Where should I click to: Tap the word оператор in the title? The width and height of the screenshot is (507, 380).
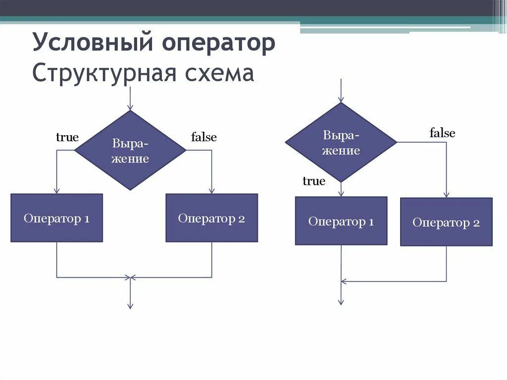coord(217,43)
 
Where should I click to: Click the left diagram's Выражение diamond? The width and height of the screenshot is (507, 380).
coord(130,151)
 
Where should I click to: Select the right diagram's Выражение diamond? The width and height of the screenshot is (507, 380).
coord(341,143)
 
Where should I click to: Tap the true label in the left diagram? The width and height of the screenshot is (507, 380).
coord(67,137)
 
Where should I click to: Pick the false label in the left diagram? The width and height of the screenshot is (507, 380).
coord(204,137)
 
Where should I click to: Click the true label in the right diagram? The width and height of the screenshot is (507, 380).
coord(314,181)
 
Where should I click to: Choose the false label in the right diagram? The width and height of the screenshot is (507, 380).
coord(442,133)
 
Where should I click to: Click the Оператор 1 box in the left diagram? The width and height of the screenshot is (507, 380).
coord(56,218)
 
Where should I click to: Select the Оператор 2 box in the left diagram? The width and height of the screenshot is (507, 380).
coord(211,218)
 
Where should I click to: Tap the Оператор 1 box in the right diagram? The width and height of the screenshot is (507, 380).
coord(341,221)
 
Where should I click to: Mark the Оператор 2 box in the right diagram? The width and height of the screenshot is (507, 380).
coord(446,222)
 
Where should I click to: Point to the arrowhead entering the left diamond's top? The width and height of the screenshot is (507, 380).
coord(130,107)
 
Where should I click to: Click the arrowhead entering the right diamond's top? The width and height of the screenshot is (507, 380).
coord(341,99)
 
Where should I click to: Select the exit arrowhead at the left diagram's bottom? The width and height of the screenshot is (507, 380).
coord(130,306)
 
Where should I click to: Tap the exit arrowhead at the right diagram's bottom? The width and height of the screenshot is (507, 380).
coord(341,302)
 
